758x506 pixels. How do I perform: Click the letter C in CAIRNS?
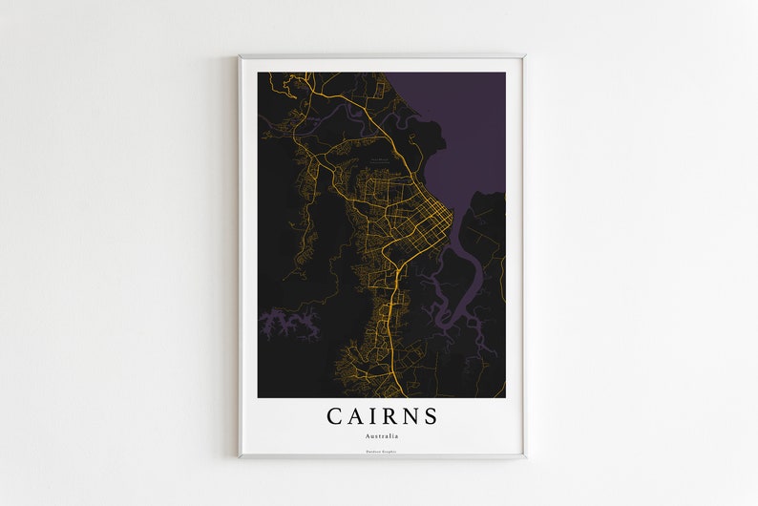335,416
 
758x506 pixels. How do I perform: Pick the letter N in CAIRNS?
411,416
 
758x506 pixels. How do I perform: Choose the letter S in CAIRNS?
432,416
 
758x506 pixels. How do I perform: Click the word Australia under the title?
382,435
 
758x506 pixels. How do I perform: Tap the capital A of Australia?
368,435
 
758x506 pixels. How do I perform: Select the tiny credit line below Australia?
382,451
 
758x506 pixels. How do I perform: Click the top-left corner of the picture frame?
240,55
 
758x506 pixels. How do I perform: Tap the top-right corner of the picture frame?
524,55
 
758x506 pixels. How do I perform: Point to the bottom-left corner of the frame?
240,457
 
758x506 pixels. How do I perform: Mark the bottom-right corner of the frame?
524,457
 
